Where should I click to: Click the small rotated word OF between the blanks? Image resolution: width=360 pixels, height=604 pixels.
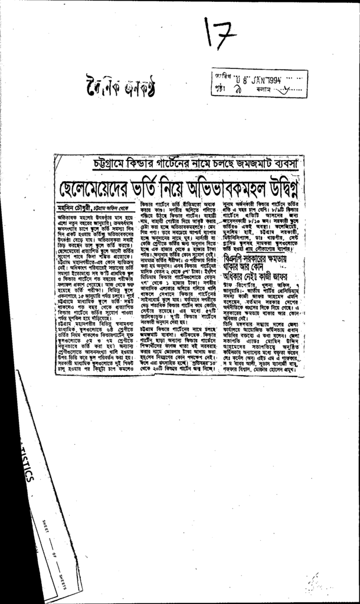(54, 552)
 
